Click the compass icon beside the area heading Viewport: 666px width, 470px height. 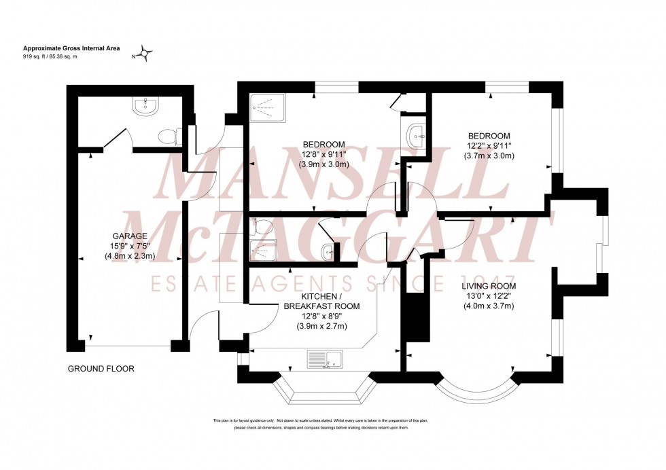point(146,52)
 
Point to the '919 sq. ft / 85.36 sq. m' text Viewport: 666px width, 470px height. point(51,56)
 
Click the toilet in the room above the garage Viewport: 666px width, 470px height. point(167,137)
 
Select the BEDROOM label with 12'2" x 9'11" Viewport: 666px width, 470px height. point(488,136)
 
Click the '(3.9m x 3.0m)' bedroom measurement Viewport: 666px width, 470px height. point(325,164)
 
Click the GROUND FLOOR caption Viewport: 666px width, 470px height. point(101,369)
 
